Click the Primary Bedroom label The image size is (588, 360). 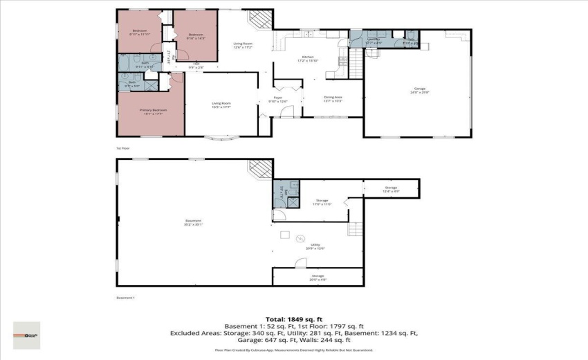tap(151, 111)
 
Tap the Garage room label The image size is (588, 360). tap(419, 90)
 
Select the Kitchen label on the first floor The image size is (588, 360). tap(309, 59)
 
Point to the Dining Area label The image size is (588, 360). tap(333, 99)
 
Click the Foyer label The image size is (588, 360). tap(277, 100)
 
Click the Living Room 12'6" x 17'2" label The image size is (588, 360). tap(242, 46)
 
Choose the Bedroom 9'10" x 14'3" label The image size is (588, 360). tap(196, 36)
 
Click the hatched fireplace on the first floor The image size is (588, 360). tap(261, 19)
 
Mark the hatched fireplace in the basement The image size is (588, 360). tap(261, 168)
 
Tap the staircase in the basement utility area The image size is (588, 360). tap(356, 229)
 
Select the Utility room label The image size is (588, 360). tap(318, 246)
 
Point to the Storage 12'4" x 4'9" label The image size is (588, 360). tap(391, 189)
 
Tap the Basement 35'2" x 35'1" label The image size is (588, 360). tap(193, 222)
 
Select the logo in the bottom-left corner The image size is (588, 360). tap(26, 335)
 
